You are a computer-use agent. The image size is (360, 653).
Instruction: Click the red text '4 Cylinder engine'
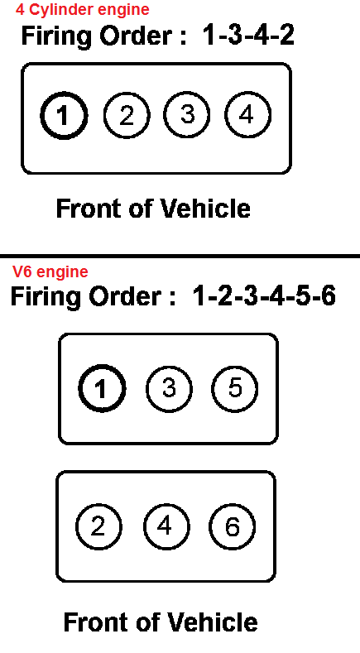[83, 10]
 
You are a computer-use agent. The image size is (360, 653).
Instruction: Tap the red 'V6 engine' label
[50, 272]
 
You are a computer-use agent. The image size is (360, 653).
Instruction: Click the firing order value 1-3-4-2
[248, 35]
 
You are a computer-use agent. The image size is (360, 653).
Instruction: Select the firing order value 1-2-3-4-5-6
[264, 296]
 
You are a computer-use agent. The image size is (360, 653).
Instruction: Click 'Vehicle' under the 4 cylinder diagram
[205, 209]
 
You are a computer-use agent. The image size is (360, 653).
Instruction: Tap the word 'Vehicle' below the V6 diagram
[213, 622]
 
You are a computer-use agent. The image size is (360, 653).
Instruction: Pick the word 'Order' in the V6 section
[124, 296]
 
